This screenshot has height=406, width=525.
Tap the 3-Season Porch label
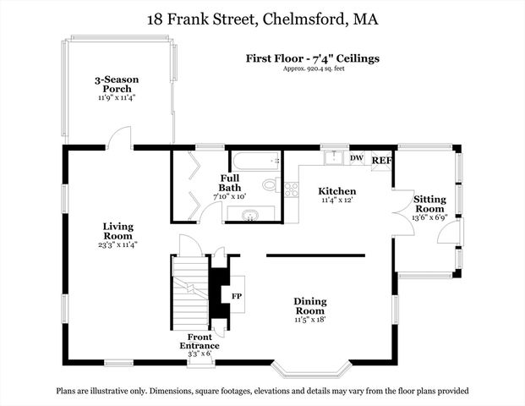click(x=117, y=85)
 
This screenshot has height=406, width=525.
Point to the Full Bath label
click(x=230, y=183)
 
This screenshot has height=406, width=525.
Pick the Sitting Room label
click(x=428, y=204)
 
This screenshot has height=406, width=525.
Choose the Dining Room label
click(x=309, y=306)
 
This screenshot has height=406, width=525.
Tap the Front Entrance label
click(x=200, y=341)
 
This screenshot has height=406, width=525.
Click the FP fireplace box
click(x=237, y=297)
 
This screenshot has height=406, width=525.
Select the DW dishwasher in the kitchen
click(x=356, y=157)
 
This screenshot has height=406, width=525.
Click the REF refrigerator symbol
click(x=381, y=160)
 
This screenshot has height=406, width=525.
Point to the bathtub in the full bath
click(x=254, y=161)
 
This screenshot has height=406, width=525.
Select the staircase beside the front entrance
click(x=189, y=293)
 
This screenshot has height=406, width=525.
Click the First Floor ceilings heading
click(x=312, y=58)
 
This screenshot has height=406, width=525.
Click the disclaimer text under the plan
click(x=262, y=392)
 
